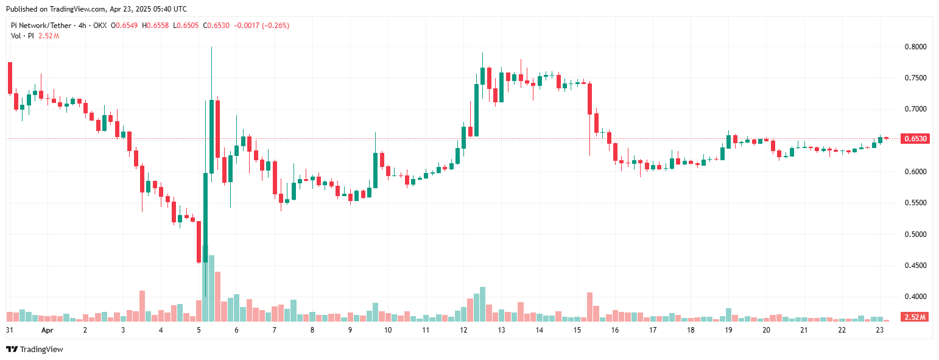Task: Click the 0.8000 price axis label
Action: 915,47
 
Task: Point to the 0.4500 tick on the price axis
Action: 915,266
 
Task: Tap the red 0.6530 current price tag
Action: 915,139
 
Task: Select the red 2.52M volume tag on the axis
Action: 915,317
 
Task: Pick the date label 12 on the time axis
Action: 463,330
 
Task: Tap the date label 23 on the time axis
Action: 879,330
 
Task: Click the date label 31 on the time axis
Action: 10,330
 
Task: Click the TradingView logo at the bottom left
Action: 35,349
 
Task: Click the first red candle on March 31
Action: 10,78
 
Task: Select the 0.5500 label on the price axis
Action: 915,203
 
